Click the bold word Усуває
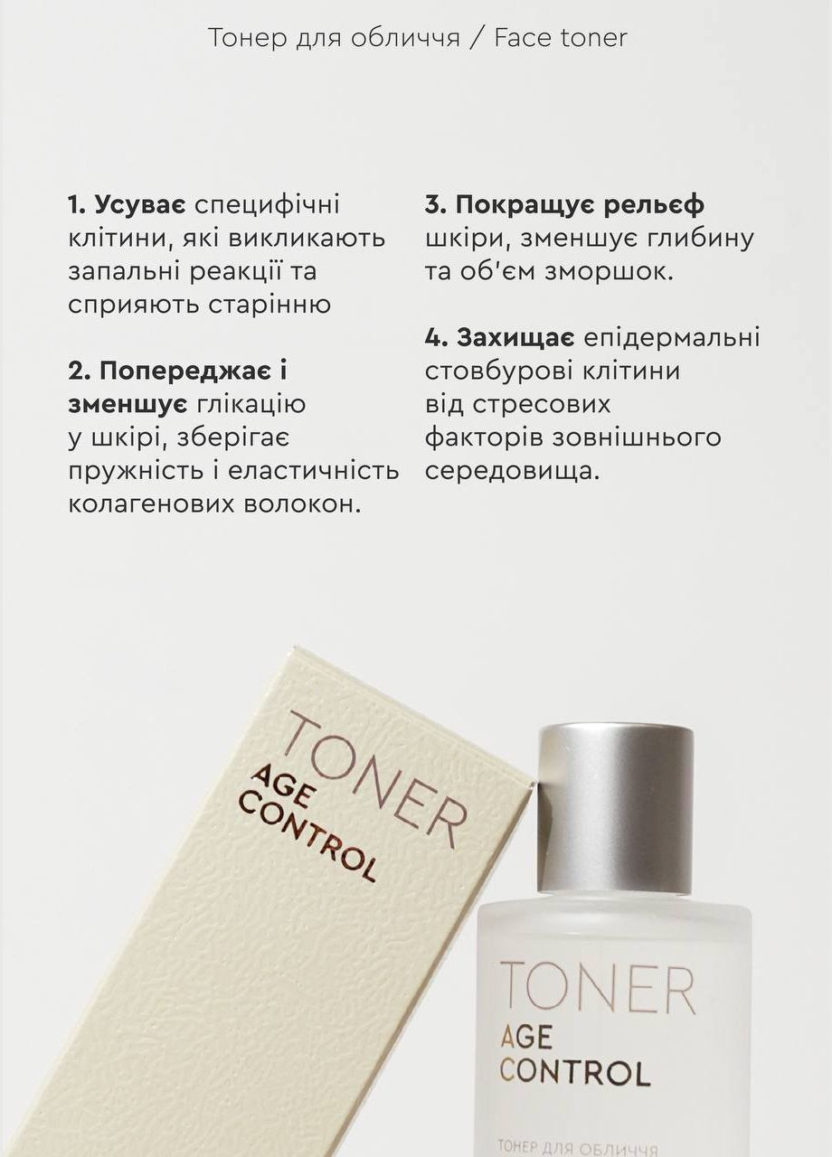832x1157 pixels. click(x=140, y=205)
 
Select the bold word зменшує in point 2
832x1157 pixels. click(x=128, y=404)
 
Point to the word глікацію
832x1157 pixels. click(x=251, y=404)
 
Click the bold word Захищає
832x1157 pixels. click(x=516, y=338)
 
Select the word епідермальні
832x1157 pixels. click(x=672, y=338)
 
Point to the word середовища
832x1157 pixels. click(x=512, y=471)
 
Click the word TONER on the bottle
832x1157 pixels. click(x=597, y=988)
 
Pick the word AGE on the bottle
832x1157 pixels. click(x=534, y=1035)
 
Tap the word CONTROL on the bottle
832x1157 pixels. click(x=574, y=1071)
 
